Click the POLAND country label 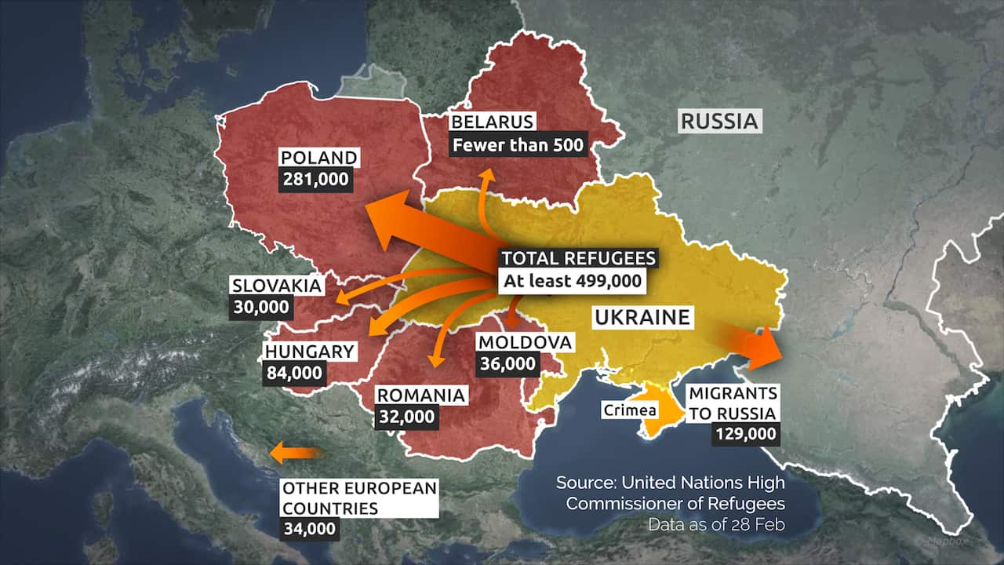[318, 159]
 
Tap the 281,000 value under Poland [316, 180]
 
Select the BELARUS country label [493, 122]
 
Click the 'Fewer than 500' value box [518, 144]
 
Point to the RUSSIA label [719, 122]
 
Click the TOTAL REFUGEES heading [577, 259]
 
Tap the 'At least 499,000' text [571, 281]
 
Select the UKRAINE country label [642, 318]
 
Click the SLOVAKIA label [276, 286]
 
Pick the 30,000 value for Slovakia [260, 307]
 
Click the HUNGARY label [310, 352]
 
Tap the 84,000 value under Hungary [294, 373]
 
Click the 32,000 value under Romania [406, 417]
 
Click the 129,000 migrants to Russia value [745, 433]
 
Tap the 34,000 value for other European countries [310, 528]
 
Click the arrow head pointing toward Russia [765, 348]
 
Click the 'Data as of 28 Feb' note [715, 523]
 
